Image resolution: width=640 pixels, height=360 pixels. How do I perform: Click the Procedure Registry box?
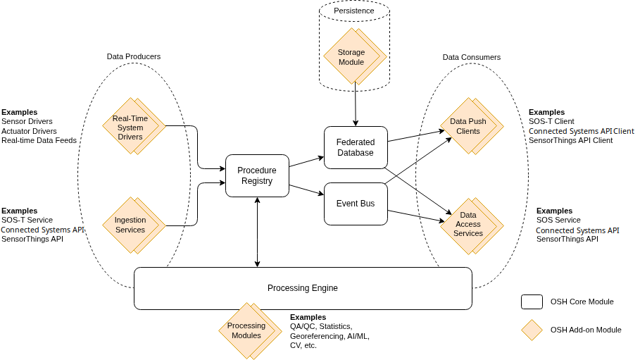(x=257, y=175)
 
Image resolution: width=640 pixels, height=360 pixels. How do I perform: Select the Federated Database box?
(x=356, y=147)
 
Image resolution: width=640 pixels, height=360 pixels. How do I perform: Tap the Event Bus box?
(x=356, y=204)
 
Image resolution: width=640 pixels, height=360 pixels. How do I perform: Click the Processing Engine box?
(x=303, y=288)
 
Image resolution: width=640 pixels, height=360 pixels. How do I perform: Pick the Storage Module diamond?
(x=351, y=57)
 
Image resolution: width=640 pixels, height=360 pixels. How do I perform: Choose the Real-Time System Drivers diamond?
(x=130, y=128)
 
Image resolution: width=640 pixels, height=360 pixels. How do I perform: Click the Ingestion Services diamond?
(x=130, y=225)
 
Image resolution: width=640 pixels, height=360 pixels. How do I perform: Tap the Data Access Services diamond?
(x=468, y=224)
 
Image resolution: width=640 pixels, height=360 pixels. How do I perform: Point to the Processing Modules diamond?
(x=246, y=330)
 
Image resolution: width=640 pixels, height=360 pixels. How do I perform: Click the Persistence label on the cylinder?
(x=354, y=11)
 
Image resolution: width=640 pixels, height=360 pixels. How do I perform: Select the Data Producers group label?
(x=134, y=56)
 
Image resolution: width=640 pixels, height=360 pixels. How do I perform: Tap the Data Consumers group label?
(x=472, y=57)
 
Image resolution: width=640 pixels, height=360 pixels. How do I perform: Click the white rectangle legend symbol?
(x=532, y=302)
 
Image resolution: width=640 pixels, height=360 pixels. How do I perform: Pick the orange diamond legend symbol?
(x=532, y=330)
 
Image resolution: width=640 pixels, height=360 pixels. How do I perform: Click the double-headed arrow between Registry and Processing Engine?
(x=258, y=232)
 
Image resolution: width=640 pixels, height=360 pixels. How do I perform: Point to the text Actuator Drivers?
(x=29, y=131)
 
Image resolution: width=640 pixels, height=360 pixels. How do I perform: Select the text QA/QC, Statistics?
(x=321, y=327)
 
